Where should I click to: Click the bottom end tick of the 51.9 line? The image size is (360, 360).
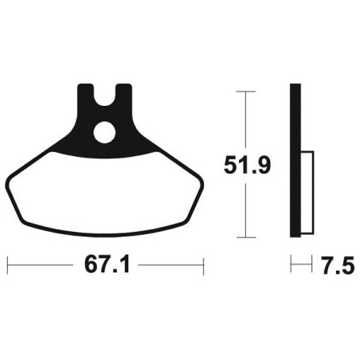click(x=248, y=237)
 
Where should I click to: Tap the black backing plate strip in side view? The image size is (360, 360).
click(x=295, y=159)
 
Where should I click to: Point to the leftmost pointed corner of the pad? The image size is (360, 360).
click(x=10, y=182)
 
